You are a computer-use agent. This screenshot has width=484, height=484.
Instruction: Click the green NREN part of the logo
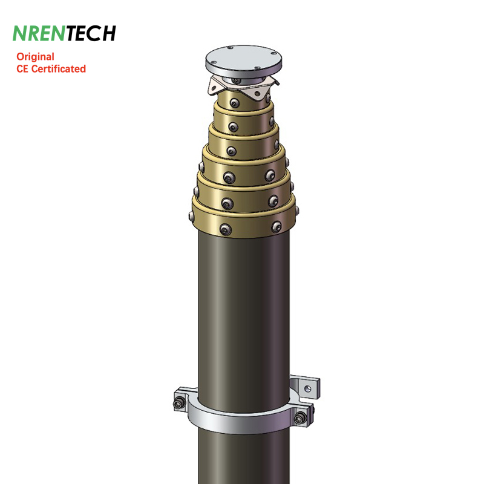(39, 33)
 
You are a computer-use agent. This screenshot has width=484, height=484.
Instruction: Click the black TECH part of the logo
(90, 33)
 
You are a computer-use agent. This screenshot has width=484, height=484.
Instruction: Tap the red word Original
(35, 57)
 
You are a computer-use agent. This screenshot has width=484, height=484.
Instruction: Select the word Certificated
(59, 69)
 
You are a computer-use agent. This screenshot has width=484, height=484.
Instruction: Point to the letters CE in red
(22, 69)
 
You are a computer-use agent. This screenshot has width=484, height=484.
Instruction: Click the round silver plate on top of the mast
(244, 61)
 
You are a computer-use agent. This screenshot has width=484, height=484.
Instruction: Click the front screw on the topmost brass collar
(235, 103)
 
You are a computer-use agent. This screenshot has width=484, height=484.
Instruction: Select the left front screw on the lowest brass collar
(225, 229)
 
